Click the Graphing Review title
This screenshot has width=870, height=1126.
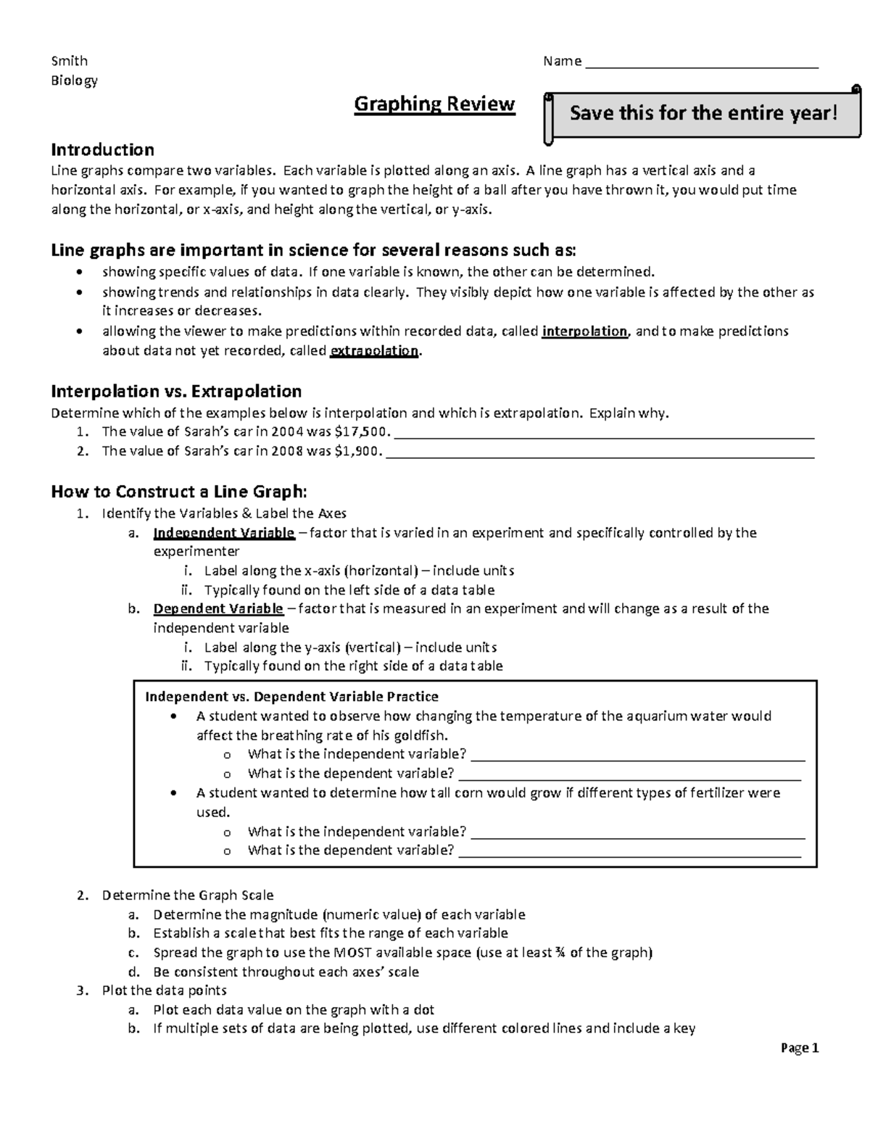pos(434,104)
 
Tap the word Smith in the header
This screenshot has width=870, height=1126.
pos(69,61)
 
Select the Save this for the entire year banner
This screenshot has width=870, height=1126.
pos(703,113)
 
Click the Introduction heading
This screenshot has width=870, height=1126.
pos(102,150)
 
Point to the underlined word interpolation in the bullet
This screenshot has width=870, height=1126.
pos(584,331)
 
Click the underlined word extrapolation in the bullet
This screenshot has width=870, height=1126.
pos(374,351)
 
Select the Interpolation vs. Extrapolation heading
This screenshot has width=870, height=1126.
pos(176,392)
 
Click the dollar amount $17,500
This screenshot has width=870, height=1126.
pos(362,432)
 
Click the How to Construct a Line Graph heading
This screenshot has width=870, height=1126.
pos(179,492)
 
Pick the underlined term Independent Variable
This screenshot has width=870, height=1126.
pos(223,533)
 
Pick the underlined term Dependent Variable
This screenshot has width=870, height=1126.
pos(217,608)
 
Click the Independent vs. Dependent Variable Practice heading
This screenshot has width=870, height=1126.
pos(291,697)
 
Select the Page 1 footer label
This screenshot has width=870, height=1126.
pos(800,1048)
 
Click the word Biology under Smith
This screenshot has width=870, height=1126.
pos(74,80)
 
